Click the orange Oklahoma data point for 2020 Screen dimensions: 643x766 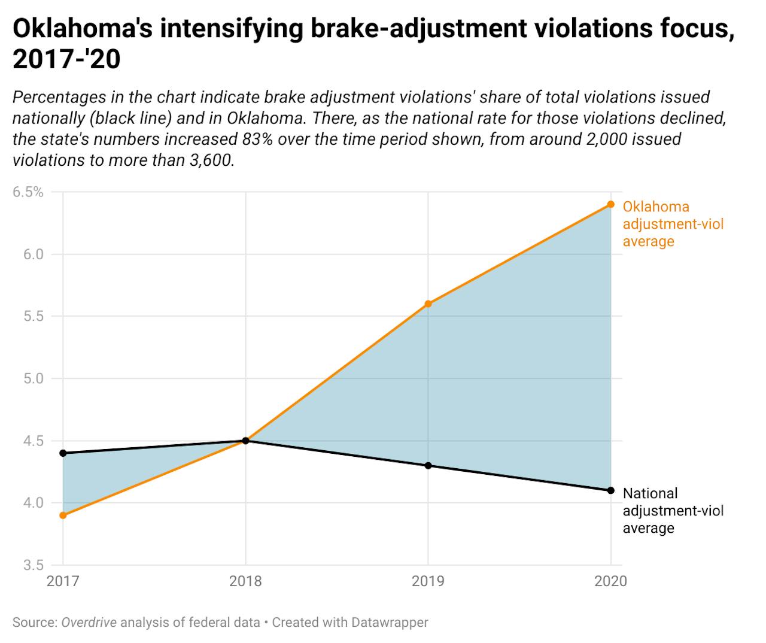click(610, 204)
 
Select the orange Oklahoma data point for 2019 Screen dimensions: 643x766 click(428, 304)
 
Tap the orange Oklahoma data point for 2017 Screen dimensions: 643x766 click(63, 515)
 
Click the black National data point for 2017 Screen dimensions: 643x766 click(63, 453)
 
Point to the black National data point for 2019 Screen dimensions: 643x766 click(428, 465)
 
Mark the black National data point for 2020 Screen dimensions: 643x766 click(610, 490)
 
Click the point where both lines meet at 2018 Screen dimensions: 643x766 click(245, 441)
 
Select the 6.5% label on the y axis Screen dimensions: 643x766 click(28, 192)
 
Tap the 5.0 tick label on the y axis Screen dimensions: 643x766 click(34, 378)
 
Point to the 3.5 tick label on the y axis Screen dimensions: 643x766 click(34, 565)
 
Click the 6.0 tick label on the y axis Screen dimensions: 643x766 click(34, 254)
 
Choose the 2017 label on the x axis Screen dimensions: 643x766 click(63, 581)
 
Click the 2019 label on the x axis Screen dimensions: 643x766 click(428, 581)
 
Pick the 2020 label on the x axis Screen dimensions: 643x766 click(610, 581)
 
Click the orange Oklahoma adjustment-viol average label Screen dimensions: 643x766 click(673, 224)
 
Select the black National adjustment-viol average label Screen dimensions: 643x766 click(673, 511)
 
